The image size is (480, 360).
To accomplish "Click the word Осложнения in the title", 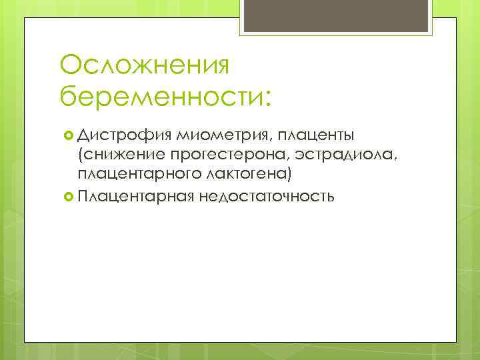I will pos(144,66).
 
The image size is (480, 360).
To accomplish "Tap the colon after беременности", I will pos(267,99).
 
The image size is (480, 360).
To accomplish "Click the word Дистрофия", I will pos(125,137).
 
